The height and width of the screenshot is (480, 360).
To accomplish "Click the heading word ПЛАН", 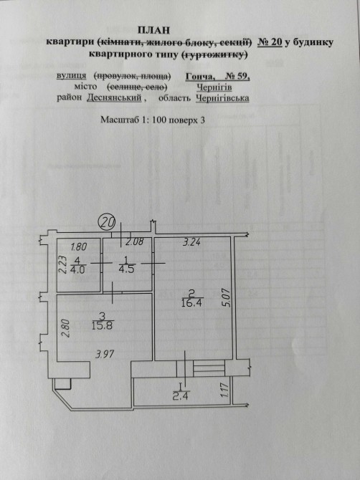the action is [153, 30].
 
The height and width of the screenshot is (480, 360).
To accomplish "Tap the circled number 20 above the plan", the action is [107, 222].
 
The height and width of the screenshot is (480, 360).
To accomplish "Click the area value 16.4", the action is [191, 303].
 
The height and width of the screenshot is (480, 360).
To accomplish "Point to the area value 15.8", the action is [103, 325].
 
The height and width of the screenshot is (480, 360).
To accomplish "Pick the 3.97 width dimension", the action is [105, 355].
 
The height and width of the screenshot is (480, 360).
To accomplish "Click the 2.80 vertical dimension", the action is [67, 328].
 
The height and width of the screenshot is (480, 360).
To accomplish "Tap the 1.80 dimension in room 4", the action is [79, 246].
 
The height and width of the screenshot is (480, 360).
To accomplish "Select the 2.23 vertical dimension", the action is [63, 264].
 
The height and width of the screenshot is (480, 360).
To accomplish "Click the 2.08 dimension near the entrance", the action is [135, 242].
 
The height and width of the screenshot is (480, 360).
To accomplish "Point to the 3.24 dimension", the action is [191, 242].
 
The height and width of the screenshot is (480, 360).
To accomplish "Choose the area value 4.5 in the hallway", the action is [126, 270].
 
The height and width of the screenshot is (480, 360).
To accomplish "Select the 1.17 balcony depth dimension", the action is [225, 390].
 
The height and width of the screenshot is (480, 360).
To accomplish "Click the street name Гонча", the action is [200, 76].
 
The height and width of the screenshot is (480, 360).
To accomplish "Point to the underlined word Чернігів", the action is [214, 87].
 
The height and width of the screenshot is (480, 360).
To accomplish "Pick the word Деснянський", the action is [114, 98].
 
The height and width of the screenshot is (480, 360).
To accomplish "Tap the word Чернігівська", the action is [222, 98].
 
